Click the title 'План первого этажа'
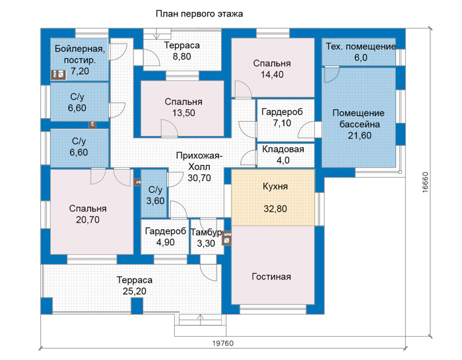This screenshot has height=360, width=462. (199, 14)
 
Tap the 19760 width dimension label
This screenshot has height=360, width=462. (223, 343)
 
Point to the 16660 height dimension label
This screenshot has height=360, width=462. (425, 182)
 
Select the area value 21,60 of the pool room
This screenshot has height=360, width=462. (360, 135)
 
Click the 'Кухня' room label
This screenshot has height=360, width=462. (275, 186)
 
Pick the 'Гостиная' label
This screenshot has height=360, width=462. (271, 277)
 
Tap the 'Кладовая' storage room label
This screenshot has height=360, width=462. (283, 149)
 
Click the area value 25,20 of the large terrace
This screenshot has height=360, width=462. (135, 291)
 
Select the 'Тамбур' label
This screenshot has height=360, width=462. (206, 233)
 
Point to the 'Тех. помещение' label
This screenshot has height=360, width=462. (360, 46)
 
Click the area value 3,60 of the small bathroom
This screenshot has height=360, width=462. (155, 201)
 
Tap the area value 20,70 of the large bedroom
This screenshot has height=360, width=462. (88, 220)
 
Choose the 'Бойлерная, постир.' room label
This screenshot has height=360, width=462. (80, 54)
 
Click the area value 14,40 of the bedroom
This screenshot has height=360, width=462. (272, 75)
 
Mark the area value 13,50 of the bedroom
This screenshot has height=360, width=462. (183, 113)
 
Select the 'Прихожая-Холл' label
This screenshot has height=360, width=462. (199, 161)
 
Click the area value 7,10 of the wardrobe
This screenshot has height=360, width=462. (282, 123)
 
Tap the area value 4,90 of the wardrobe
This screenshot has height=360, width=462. (165, 242)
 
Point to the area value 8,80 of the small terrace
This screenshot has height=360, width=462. (181, 56)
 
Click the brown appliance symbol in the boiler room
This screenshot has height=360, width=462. (58, 75)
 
